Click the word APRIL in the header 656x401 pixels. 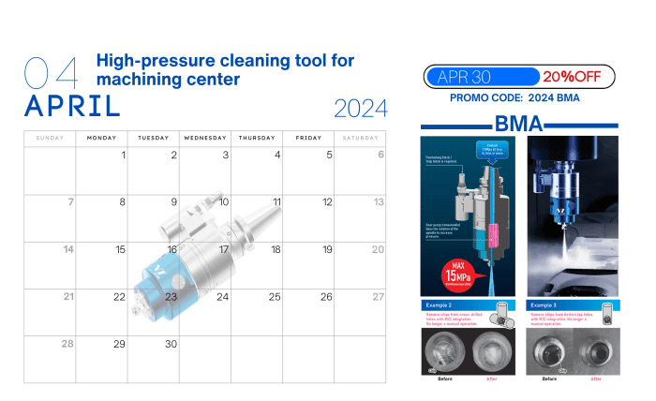(73, 106)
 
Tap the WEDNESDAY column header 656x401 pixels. (205, 138)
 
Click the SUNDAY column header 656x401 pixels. (50, 138)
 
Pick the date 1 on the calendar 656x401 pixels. (124, 155)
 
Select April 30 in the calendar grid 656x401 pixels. (171, 344)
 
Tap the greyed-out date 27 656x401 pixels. (378, 296)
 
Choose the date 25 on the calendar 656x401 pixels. (275, 296)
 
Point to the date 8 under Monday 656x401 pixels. (122, 201)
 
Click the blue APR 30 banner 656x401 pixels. (481, 76)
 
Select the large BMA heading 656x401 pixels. (519, 123)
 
